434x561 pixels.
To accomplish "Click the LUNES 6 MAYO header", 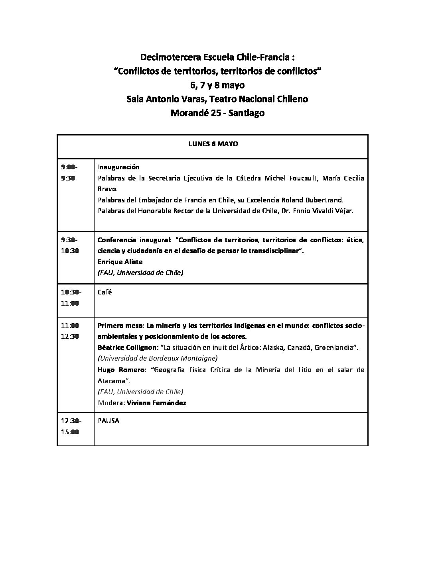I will click(x=213, y=144).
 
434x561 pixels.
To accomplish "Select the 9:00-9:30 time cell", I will click(x=69, y=173).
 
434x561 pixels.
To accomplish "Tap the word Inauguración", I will click(x=118, y=167).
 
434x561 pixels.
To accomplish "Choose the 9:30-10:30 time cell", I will click(x=69, y=245).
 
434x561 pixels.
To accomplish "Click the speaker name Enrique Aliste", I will click(x=120, y=262).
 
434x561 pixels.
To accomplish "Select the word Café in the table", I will click(x=105, y=292).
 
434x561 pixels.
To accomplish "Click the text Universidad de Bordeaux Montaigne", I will click(x=158, y=358).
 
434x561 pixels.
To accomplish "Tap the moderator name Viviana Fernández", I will click(x=156, y=403).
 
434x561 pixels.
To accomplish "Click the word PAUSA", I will click(x=108, y=421).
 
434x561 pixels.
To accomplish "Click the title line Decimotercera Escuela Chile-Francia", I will click(x=217, y=58).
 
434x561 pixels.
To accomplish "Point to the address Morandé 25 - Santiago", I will click(x=217, y=113).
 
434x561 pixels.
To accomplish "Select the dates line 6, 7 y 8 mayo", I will click(x=217, y=85).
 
